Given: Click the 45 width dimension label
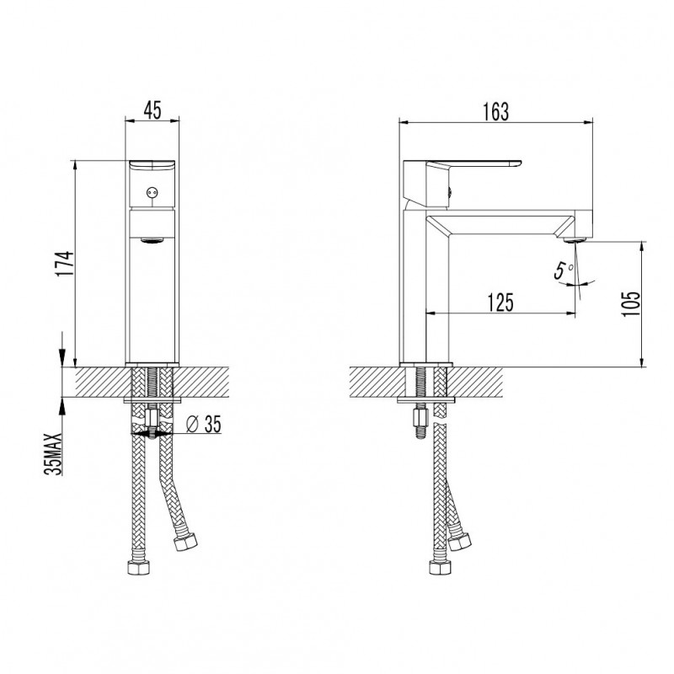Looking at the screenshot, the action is click(x=152, y=110).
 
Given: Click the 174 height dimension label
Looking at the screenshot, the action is click(x=67, y=264).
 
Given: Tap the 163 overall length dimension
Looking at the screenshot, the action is click(x=495, y=112).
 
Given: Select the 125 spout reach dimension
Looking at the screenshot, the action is click(x=500, y=302).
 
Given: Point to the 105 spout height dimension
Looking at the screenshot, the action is click(x=630, y=304).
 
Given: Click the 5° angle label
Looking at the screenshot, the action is click(x=563, y=270).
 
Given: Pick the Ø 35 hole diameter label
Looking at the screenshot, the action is click(x=203, y=425).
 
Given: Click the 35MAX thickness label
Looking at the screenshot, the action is click(x=53, y=453).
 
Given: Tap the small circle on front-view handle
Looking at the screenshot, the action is click(x=151, y=193).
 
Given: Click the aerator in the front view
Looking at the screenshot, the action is click(x=152, y=241).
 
